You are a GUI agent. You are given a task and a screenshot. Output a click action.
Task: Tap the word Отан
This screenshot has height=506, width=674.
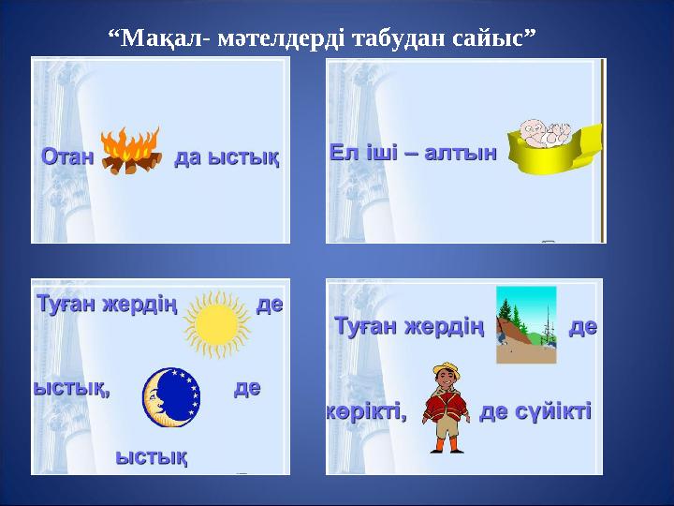point(67,156)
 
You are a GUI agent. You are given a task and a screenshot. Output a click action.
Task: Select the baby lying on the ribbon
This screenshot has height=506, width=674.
point(545,133)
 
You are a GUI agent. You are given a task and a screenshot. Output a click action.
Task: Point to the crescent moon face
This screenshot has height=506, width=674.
point(171,397)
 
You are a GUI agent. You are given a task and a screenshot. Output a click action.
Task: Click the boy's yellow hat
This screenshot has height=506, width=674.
point(447,369)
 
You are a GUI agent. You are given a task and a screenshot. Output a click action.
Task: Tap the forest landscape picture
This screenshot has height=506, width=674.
point(526,325)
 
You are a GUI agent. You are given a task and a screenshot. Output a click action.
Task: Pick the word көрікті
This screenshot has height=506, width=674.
point(367,411)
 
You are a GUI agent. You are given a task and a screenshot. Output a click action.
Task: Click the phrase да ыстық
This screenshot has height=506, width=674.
point(227,157)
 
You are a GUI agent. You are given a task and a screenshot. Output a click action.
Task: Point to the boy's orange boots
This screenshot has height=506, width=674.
point(447,445)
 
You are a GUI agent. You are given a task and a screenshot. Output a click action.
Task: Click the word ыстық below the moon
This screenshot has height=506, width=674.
point(152,457)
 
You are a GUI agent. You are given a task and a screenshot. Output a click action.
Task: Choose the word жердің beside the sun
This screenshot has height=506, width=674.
point(139,305)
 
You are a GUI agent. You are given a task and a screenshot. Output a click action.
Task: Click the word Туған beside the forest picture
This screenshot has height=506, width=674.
point(366,326)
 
